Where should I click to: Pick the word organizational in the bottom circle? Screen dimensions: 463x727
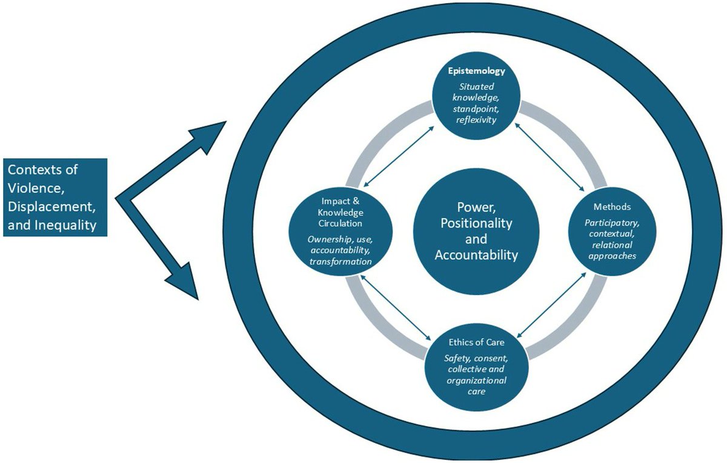(x=476, y=380)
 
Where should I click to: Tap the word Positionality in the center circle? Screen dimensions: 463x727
(x=476, y=223)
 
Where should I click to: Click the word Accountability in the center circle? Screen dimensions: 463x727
(x=476, y=255)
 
